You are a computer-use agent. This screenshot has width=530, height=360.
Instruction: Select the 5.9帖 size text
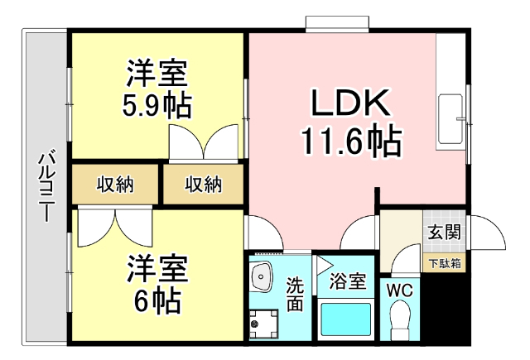coord(157,105)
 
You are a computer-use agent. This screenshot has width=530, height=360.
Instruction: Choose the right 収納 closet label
coord(202,185)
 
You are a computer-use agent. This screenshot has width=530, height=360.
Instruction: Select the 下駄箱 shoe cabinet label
coord(446,264)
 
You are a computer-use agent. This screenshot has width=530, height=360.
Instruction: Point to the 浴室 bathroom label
coord(347,281)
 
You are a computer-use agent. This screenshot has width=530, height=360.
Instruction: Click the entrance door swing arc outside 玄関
coord(489,232)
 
